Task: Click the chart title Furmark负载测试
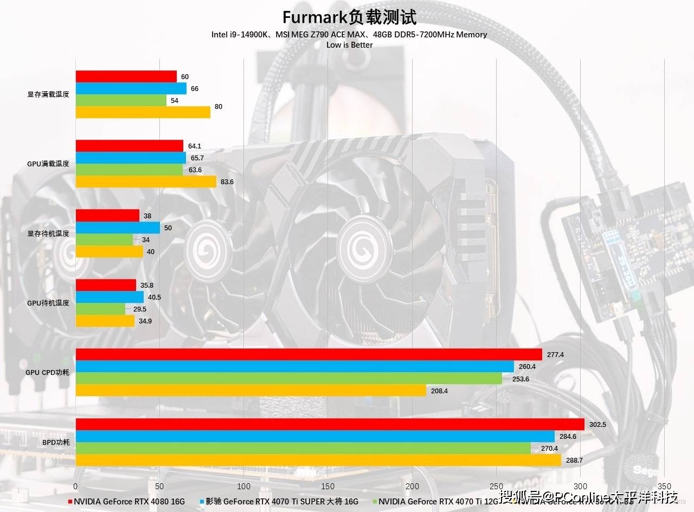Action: click(x=350, y=17)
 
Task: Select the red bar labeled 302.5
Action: click(x=330, y=424)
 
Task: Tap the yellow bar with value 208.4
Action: click(x=250, y=390)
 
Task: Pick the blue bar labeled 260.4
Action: click(x=294, y=367)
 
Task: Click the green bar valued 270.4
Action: click(x=303, y=448)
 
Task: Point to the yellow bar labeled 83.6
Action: click(x=146, y=182)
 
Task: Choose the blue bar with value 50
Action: click(x=118, y=228)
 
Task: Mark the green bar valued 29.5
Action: click(x=100, y=309)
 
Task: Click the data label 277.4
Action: click(x=556, y=354)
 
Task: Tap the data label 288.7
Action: click(x=574, y=460)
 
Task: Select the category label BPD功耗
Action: click(x=56, y=442)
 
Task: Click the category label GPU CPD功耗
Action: click(x=48, y=373)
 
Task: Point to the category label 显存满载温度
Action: click(x=48, y=94)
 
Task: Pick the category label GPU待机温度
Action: click(x=48, y=303)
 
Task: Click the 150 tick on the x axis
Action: click(x=327, y=487)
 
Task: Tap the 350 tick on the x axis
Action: click(x=664, y=487)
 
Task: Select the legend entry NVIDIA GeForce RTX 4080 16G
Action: click(x=129, y=502)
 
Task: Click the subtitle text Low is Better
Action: click(x=349, y=45)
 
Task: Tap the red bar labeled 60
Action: click(x=126, y=76)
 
